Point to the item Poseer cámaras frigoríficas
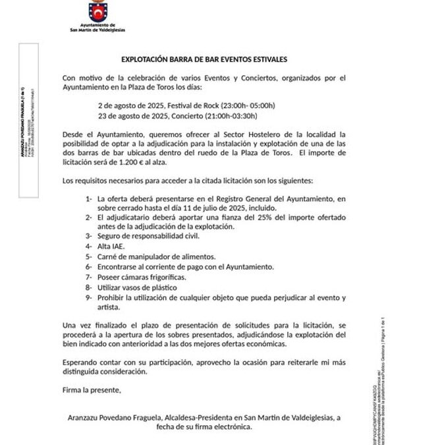(141, 278)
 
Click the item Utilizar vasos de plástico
(136, 287)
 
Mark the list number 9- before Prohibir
(89, 297)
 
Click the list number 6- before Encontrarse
(89, 266)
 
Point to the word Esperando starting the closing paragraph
(82, 363)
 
